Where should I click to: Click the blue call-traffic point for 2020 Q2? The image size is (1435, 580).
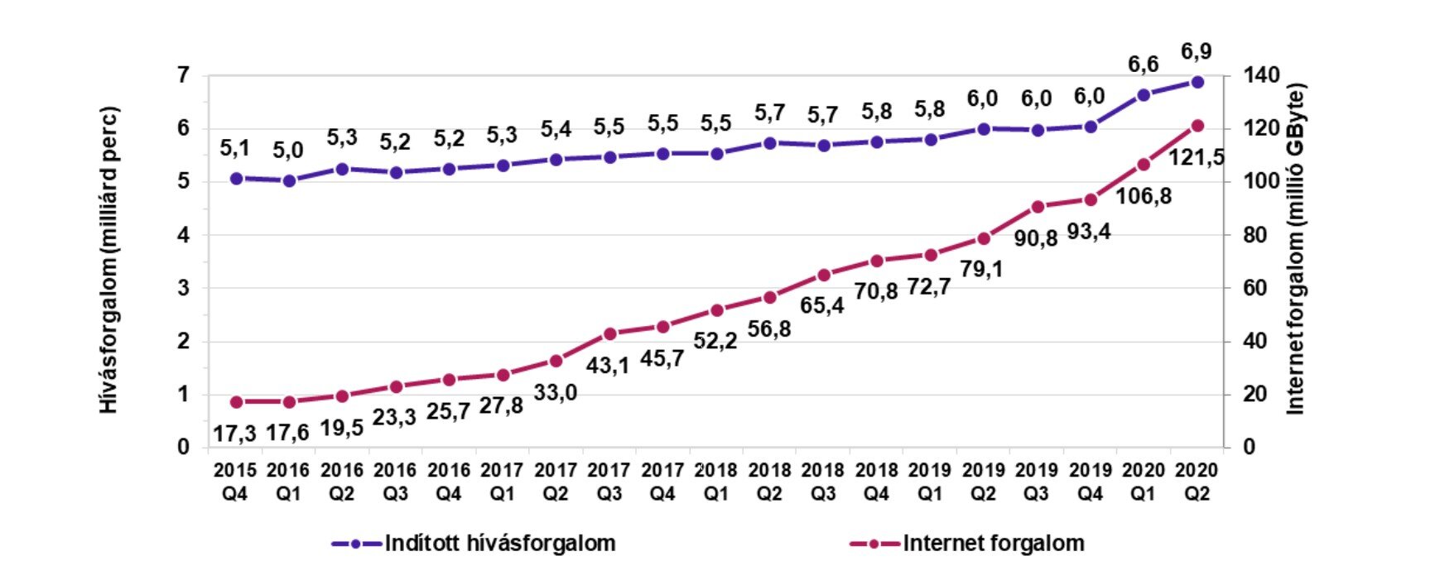coord(1197,82)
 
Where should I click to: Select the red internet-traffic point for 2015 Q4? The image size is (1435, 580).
coord(236,402)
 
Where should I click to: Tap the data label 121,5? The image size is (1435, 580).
coord(1196,157)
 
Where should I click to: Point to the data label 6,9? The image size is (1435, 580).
coord(1196,52)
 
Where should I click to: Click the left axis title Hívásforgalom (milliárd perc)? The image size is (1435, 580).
coord(109,260)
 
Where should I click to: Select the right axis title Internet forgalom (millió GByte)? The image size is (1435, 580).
coord(1294,248)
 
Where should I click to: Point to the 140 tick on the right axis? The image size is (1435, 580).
coord(1260,76)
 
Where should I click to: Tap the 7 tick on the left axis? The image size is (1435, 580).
coord(183,76)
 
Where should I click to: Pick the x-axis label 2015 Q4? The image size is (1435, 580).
coord(235,482)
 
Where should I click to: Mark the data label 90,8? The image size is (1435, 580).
coord(1036,238)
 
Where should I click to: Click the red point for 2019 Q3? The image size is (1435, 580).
coord(1038,207)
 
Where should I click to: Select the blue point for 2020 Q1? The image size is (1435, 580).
coord(1144,95)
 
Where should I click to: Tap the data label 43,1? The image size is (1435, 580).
coord(608,365)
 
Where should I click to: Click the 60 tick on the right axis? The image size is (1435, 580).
coord(1255,288)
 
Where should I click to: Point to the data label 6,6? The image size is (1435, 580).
coord(1143,65)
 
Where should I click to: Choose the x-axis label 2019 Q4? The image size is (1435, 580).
coord(1090,482)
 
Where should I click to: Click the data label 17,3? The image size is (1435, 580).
coord(234,433)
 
